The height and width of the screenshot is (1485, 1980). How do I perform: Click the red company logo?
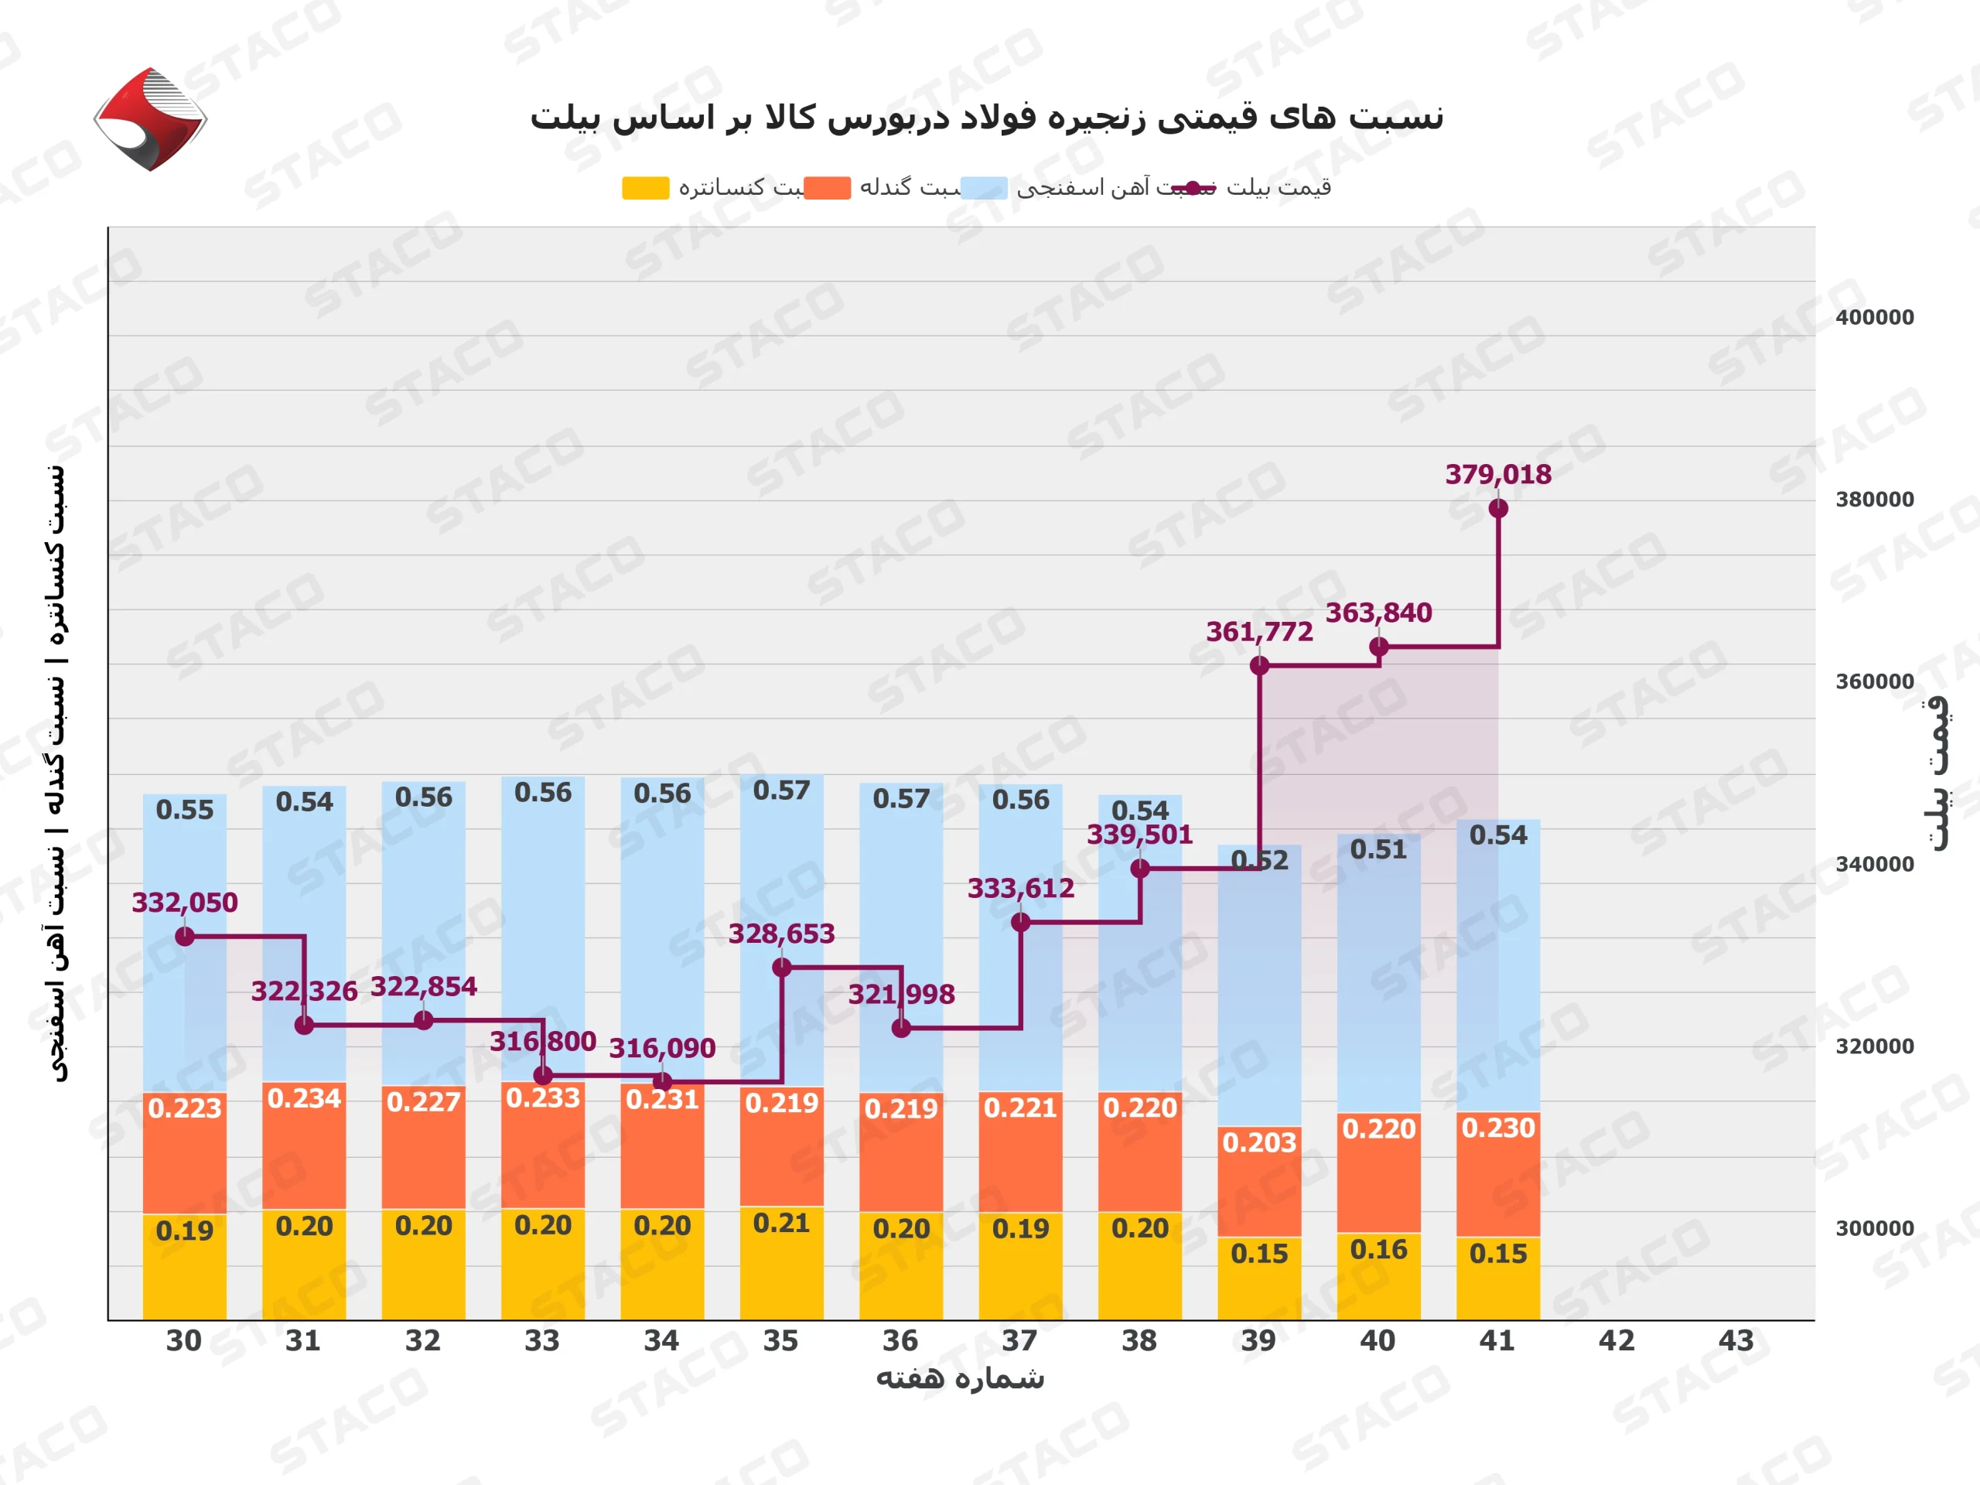point(150,118)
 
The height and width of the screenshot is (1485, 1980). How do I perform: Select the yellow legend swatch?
point(645,188)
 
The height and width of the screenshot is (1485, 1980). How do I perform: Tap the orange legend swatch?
point(826,188)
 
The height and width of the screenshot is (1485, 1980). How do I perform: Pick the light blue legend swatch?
point(983,188)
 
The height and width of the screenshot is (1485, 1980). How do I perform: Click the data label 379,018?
point(1497,474)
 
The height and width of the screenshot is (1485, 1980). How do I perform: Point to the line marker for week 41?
point(1497,508)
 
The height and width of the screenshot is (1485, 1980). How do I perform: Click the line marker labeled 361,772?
point(1258,665)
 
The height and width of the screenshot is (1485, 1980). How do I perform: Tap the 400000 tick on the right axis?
point(1874,318)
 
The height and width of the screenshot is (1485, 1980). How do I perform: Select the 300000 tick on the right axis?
point(1874,1228)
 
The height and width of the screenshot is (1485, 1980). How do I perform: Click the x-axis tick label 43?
point(1736,1340)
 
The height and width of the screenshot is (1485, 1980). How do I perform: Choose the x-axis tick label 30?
point(183,1340)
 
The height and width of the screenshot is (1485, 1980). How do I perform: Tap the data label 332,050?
point(184,903)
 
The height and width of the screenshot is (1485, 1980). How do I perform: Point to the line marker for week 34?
point(662,1081)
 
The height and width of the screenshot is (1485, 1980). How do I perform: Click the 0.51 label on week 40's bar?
point(1378,848)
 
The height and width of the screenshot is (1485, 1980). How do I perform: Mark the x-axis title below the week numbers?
point(960,1378)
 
